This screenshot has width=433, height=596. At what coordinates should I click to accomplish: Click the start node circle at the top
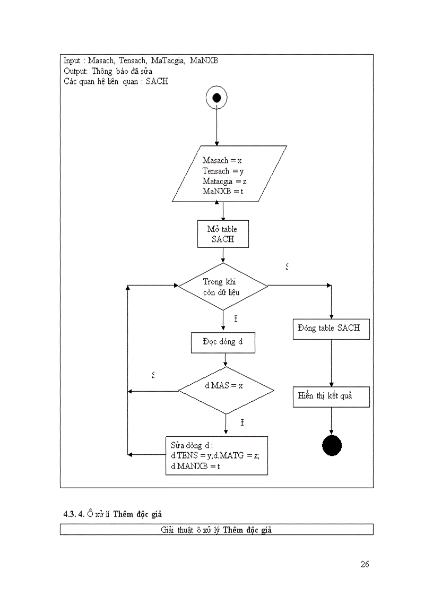216,98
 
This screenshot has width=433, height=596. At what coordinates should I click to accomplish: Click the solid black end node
332,445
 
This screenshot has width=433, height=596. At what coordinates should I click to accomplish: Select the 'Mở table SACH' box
223,234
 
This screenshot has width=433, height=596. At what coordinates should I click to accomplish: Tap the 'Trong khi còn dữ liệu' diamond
223,287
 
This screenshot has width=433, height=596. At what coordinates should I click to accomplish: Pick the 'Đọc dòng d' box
223,342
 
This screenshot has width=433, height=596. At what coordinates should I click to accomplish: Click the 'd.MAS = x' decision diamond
226,391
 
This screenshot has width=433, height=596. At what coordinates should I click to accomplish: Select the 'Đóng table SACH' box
331,329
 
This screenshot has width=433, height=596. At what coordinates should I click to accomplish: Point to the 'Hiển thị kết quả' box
331,396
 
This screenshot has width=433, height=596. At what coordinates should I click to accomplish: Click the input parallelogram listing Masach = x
229,174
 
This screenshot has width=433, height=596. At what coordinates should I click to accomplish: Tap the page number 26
365,564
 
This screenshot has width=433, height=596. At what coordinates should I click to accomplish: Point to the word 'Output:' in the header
75,71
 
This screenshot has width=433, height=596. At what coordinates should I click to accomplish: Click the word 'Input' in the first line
72,61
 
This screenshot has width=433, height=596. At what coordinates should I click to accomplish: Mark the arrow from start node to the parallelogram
216,127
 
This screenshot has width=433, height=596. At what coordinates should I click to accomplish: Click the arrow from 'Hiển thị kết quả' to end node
332,422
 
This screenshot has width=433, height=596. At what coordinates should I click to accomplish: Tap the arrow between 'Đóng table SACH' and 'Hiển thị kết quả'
332,363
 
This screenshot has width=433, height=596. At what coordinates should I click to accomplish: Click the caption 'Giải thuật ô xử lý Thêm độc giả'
216,530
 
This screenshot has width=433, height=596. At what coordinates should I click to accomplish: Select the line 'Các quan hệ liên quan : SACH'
116,81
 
